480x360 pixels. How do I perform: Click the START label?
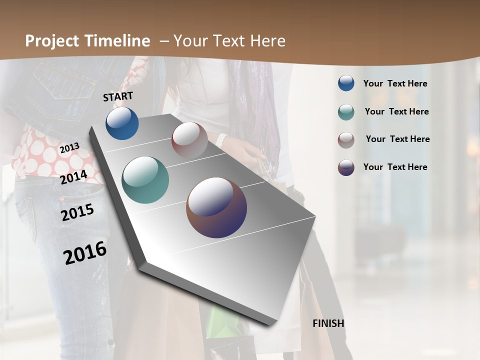(x=118, y=96)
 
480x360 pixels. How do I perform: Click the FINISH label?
(x=328, y=323)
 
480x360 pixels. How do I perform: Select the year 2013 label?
(x=69, y=147)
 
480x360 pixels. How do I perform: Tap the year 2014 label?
(x=73, y=177)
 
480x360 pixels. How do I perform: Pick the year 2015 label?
(x=77, y=212)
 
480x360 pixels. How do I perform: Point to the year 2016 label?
(x=85, y=253)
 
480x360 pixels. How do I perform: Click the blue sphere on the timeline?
(x=122, y=123)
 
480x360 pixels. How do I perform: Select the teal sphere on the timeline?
(x=145, y=180)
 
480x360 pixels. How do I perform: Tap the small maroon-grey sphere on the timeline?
(x=189, y=140)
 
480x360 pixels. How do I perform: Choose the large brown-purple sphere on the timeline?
(x=216, y=207)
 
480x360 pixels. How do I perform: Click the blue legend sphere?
(x=346, y=83)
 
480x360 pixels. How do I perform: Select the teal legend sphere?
(x=346, y=112)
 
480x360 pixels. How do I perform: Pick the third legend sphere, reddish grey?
(x=346, y=139)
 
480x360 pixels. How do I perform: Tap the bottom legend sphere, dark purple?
(x=346, y=167)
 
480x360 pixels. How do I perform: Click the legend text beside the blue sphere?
(x=395, y=83)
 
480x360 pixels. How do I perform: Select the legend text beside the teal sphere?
(x=396, y=111)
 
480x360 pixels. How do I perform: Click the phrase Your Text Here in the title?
(x=229, y=41)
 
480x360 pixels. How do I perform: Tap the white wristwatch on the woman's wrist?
(x=220, y=140)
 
